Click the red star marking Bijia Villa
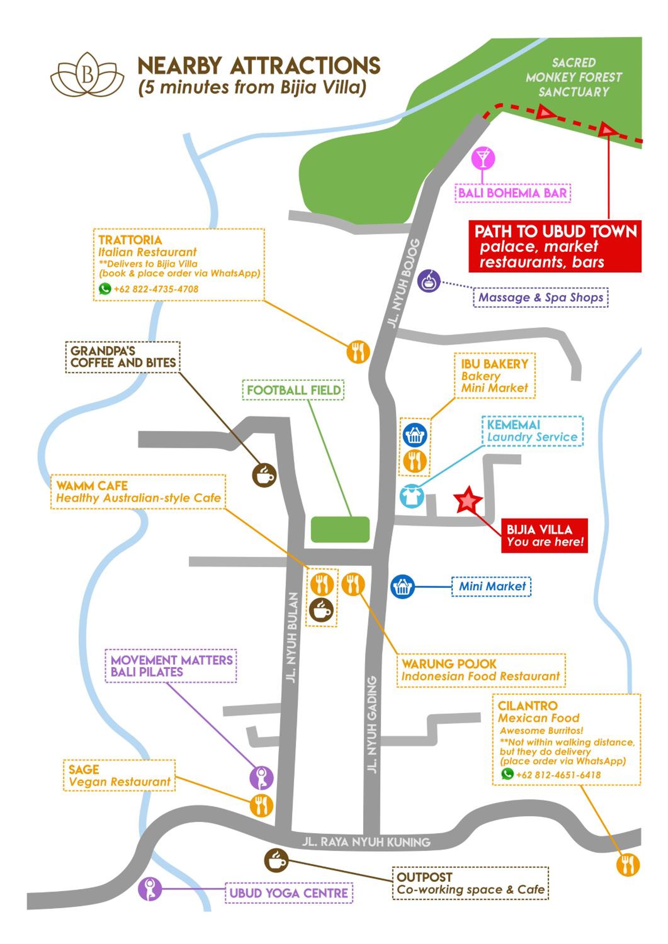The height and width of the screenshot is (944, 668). pyautogui.click(x=468, y=500)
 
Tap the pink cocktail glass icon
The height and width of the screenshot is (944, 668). pyautogui.click(x=483, y=158)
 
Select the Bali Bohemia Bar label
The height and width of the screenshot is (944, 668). pyautogui.click(x=512, y=193)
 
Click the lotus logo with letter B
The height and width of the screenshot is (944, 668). pyautogui.click(x=87, y=75)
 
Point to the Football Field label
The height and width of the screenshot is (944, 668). pyautogui.click(x=294, y=390)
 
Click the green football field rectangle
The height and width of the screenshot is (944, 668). pyautogui.click(x=340, y=529)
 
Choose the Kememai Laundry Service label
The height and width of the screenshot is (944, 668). pyautogui.click(x=532, y=430)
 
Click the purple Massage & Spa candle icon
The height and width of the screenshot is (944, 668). pyautogui.click(x=429, y=281)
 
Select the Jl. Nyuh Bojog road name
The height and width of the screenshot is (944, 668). pyautogui.click(x=404, y=283)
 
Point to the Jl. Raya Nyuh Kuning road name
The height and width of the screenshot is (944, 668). pyautogui.click(x=366, y=842)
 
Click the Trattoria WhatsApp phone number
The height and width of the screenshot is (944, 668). pyautogui.click(x=156, y=289)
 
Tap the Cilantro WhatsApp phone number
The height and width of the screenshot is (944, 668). pyautogui.click(x=558, y=775)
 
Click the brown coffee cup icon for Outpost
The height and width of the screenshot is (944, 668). pyautogui.click(x=276, y=860)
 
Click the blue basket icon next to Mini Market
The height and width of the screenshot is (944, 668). pyautogui.click(x=402, y=586)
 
